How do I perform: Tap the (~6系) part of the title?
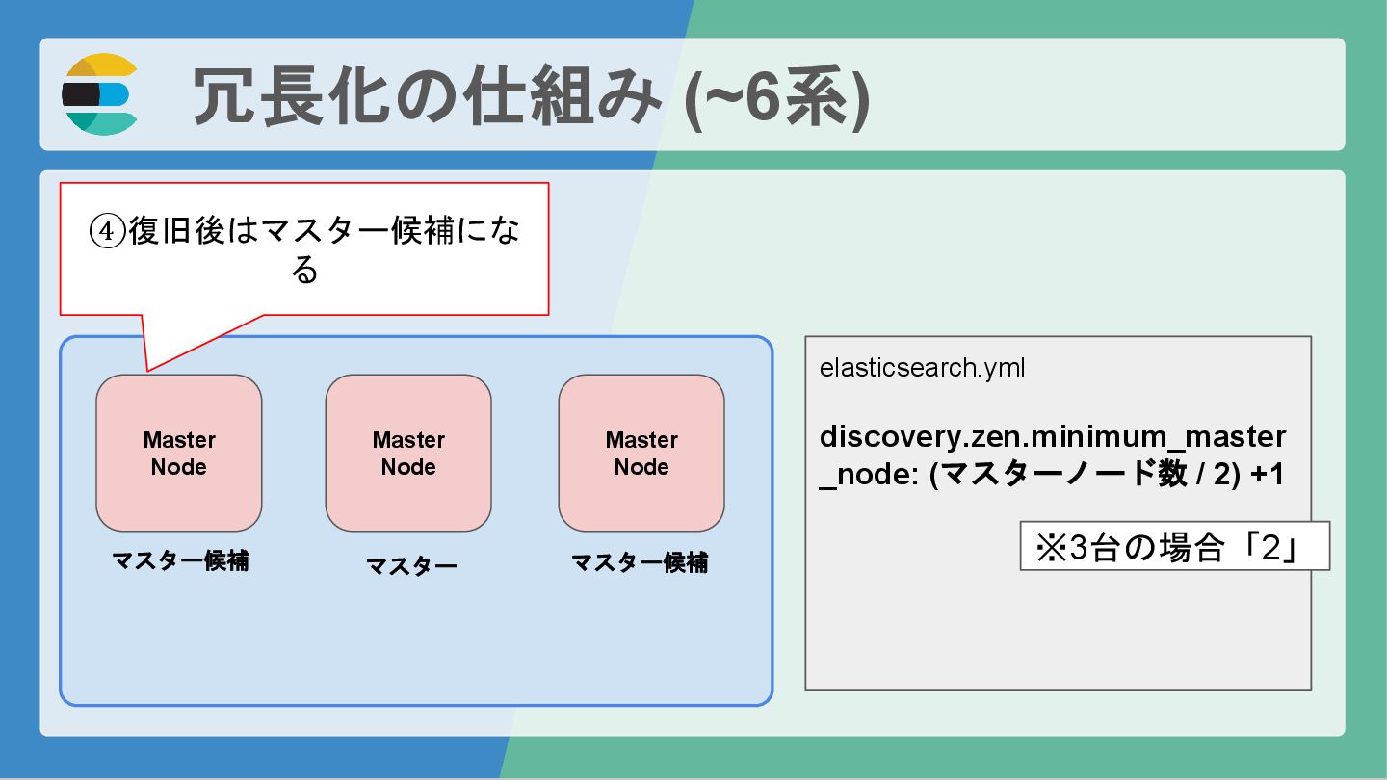[x=776, y=96]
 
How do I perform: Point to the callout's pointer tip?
[x=147, y=370]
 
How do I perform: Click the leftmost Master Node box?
[x=179, y=453]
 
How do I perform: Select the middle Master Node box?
[x=408, y=453]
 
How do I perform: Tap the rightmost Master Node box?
[x=641, y=453]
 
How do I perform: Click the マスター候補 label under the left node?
[x=180, y=560]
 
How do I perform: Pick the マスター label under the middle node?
[x=411, y=566]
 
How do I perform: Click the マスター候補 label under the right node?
[x=640, y=562]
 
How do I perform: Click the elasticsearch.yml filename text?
[x=922, y=368]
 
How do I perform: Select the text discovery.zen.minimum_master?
[x=1052, y=437]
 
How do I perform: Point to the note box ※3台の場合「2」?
[x=1174, y=546]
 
